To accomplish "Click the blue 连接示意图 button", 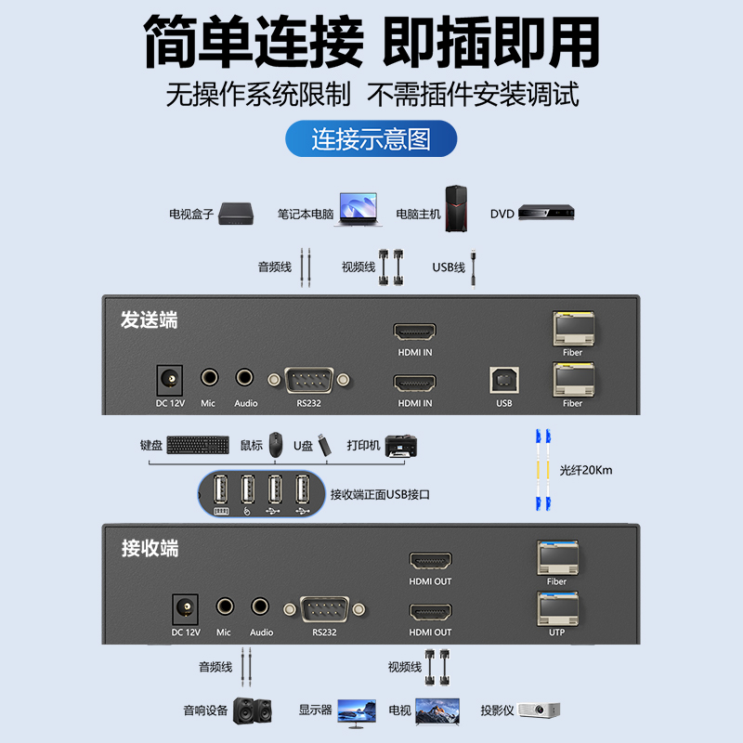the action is tap(371, 138).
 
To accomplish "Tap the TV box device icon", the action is tap(236, 214).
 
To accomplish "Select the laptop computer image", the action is tap(358, 209).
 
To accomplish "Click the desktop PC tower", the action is tap(456, 208).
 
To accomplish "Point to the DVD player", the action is tap(546, 212).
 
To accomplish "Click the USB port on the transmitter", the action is tap(504, 381).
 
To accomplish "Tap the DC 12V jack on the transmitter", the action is tap(170, 380).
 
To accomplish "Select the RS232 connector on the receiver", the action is tap(324, 609).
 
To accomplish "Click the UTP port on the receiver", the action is tap(557, 609).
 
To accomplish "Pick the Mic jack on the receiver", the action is tap(225, 606).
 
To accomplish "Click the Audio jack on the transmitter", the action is tap(244, 378).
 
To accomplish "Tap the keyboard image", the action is tap(198, 445).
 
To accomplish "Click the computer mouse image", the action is tap(276, 445).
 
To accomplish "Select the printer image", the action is tap(401, 446).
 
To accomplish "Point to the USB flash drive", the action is tap(323, 445).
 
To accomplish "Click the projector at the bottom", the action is tap(540, 710).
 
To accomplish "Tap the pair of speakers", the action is tap(253, 710).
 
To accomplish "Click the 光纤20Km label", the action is tap(586, 470).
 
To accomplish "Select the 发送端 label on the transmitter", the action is tap(150, 319).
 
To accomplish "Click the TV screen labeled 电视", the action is tap(437, 710).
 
